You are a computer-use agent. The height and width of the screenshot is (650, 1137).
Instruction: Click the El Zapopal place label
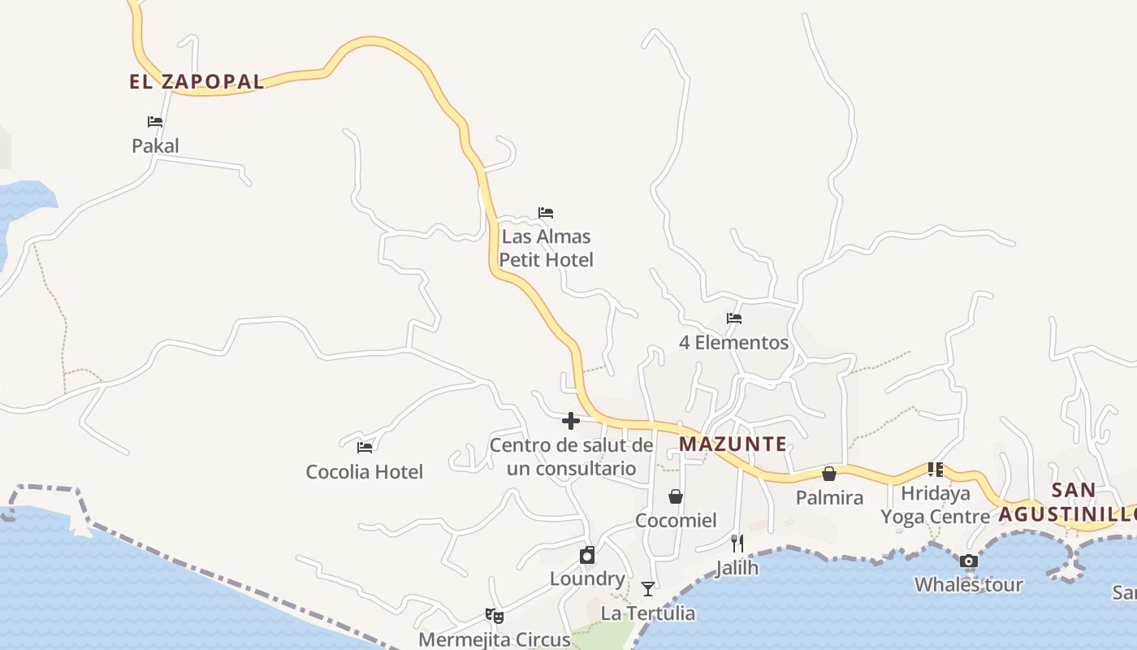[x=197, y=82]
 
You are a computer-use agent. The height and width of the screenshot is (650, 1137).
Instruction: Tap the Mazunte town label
[x=733, y=444]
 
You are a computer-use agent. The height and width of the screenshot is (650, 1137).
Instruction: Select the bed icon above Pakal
[x=155, y=122]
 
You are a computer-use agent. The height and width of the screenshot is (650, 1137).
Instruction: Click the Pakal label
[x=155, y=146]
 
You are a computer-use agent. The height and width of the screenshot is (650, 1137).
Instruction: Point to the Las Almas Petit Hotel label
[x=546, y=249]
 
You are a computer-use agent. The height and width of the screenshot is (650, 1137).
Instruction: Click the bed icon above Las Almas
[x=546, y=213]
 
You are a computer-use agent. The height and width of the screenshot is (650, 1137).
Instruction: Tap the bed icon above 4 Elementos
[x=734, y=318]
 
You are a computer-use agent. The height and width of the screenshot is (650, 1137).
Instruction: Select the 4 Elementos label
[x=733, y=343]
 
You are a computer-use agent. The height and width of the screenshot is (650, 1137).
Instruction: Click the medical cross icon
[x=571, y=421]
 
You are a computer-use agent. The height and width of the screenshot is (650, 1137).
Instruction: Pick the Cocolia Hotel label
[x=364, y=472]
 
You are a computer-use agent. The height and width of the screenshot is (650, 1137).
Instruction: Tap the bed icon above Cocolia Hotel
[x=365, y=447]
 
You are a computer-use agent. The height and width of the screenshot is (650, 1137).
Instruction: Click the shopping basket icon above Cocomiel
[x=676, y=496]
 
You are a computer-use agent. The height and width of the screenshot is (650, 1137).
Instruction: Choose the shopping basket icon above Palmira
[x=829, y=474]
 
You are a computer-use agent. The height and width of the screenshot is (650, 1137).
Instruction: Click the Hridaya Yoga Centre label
[x=936, y=505]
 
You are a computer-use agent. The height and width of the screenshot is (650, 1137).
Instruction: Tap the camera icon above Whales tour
[x=968, y=561]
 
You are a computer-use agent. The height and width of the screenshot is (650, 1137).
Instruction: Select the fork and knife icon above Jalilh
[x=737, y=544]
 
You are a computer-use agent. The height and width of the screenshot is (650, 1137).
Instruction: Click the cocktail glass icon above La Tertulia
[x=648, y=588]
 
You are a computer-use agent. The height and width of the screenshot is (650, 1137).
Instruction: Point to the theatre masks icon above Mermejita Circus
[x=494, y=615]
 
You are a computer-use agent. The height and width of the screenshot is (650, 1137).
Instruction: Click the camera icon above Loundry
[x=587, y=555]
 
